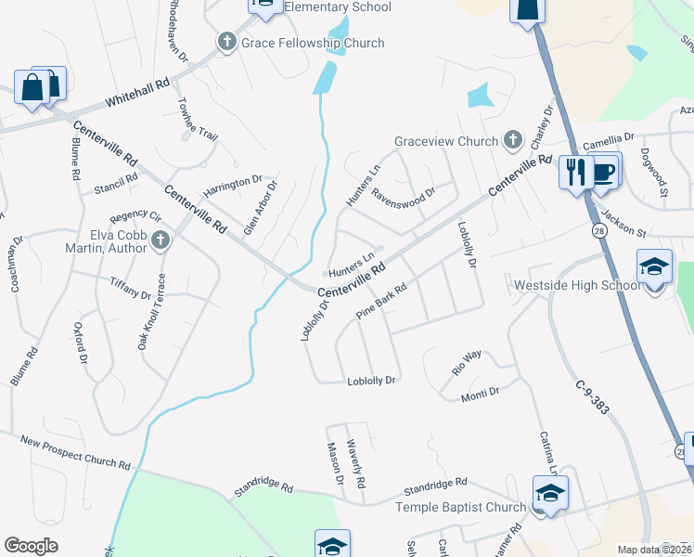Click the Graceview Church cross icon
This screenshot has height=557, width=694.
pos(512,141)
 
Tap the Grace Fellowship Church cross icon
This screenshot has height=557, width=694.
pos(226,43)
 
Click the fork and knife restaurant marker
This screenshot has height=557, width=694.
pos(575,172)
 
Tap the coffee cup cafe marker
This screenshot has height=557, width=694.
pos(604,171)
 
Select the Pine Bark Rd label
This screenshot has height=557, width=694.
pos(382,303)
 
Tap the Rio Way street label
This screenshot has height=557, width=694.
pos(466,359)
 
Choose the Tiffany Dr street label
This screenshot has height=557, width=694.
pos(130,288)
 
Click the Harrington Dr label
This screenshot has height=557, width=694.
pos(233,183)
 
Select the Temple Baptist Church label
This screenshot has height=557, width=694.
pos(461,507)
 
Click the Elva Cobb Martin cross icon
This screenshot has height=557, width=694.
pos(161,241)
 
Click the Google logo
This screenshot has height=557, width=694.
pos(31,545)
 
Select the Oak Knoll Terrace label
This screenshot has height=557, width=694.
pos(153,312)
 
